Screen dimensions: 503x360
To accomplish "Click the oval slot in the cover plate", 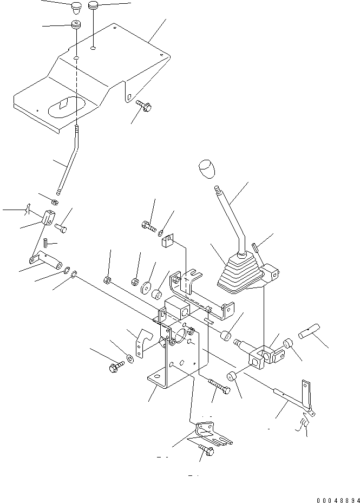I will (x=66, y=104).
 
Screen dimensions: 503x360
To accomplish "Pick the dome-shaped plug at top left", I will (x=76, y=8).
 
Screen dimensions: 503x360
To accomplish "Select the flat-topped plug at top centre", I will (x=94, y=6).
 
